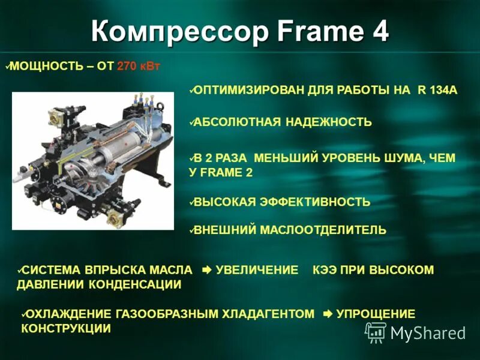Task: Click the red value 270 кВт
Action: click(x=139, y=66)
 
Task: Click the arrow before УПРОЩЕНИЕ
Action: click(x=328, y=314)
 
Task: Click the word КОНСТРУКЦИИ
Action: click(x=66, y=328)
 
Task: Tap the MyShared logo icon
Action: click(x=376, y=332)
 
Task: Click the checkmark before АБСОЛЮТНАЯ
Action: click(x=190, y=122)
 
